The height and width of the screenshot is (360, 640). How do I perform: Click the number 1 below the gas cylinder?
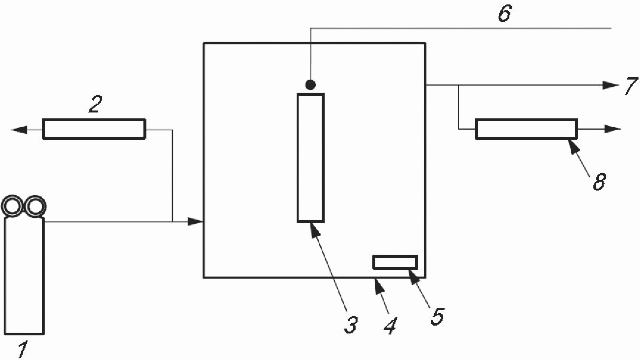(23, 349)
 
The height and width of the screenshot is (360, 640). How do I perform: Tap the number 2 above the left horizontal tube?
(95, 104)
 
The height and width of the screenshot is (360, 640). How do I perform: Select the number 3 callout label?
(351, 325)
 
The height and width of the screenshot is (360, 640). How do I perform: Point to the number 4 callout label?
(390, 326)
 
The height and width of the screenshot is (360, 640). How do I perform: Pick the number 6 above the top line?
(505, 13)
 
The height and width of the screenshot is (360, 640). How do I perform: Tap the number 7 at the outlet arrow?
(631, 86)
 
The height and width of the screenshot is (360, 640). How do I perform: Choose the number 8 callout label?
(599, 181)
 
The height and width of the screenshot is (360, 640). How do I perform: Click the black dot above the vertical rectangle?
(310, 84)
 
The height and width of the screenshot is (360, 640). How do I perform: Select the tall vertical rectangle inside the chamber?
(310, 158)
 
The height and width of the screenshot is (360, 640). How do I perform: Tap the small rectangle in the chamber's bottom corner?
(395, 262)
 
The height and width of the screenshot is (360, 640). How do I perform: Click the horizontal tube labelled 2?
(94, 129)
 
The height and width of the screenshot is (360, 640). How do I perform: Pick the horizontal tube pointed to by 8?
(527, 129)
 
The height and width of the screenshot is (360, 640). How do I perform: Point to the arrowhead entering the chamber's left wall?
(195, 222)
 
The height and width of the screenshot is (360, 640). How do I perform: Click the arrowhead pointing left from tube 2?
(19, 130)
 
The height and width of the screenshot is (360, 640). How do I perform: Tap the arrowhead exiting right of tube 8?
(612, 129)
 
